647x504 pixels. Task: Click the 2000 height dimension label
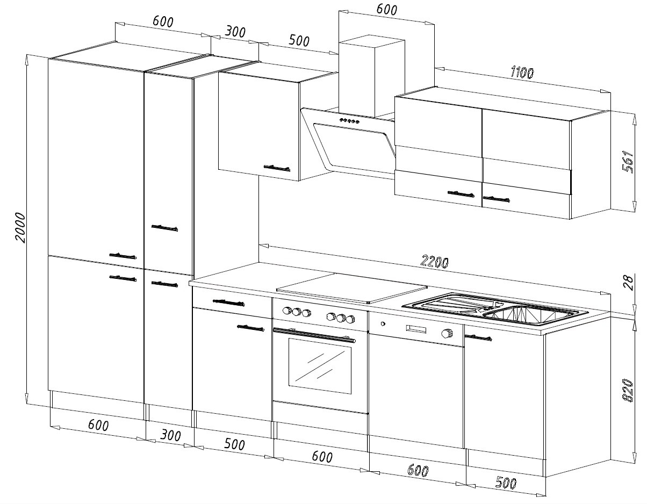point(20,227)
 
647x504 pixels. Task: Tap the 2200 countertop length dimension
point(434,262)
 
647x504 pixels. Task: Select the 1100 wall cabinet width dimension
point(522,73)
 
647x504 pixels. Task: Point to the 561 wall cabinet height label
point(628,162)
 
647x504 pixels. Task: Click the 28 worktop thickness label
point(628,283)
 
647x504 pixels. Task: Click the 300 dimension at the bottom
point(170,436)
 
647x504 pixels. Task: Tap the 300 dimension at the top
point(235,32)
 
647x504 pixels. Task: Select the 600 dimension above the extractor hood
point(386,9)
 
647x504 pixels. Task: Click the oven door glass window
point(320,366)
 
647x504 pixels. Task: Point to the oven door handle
point(314,335)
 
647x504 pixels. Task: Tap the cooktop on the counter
point(351,287)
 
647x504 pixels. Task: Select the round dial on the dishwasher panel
point(447,334)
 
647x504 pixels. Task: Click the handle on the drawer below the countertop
point(228,303)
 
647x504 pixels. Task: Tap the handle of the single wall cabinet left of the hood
point(277,168)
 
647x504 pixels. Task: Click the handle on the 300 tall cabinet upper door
point(164,228)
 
